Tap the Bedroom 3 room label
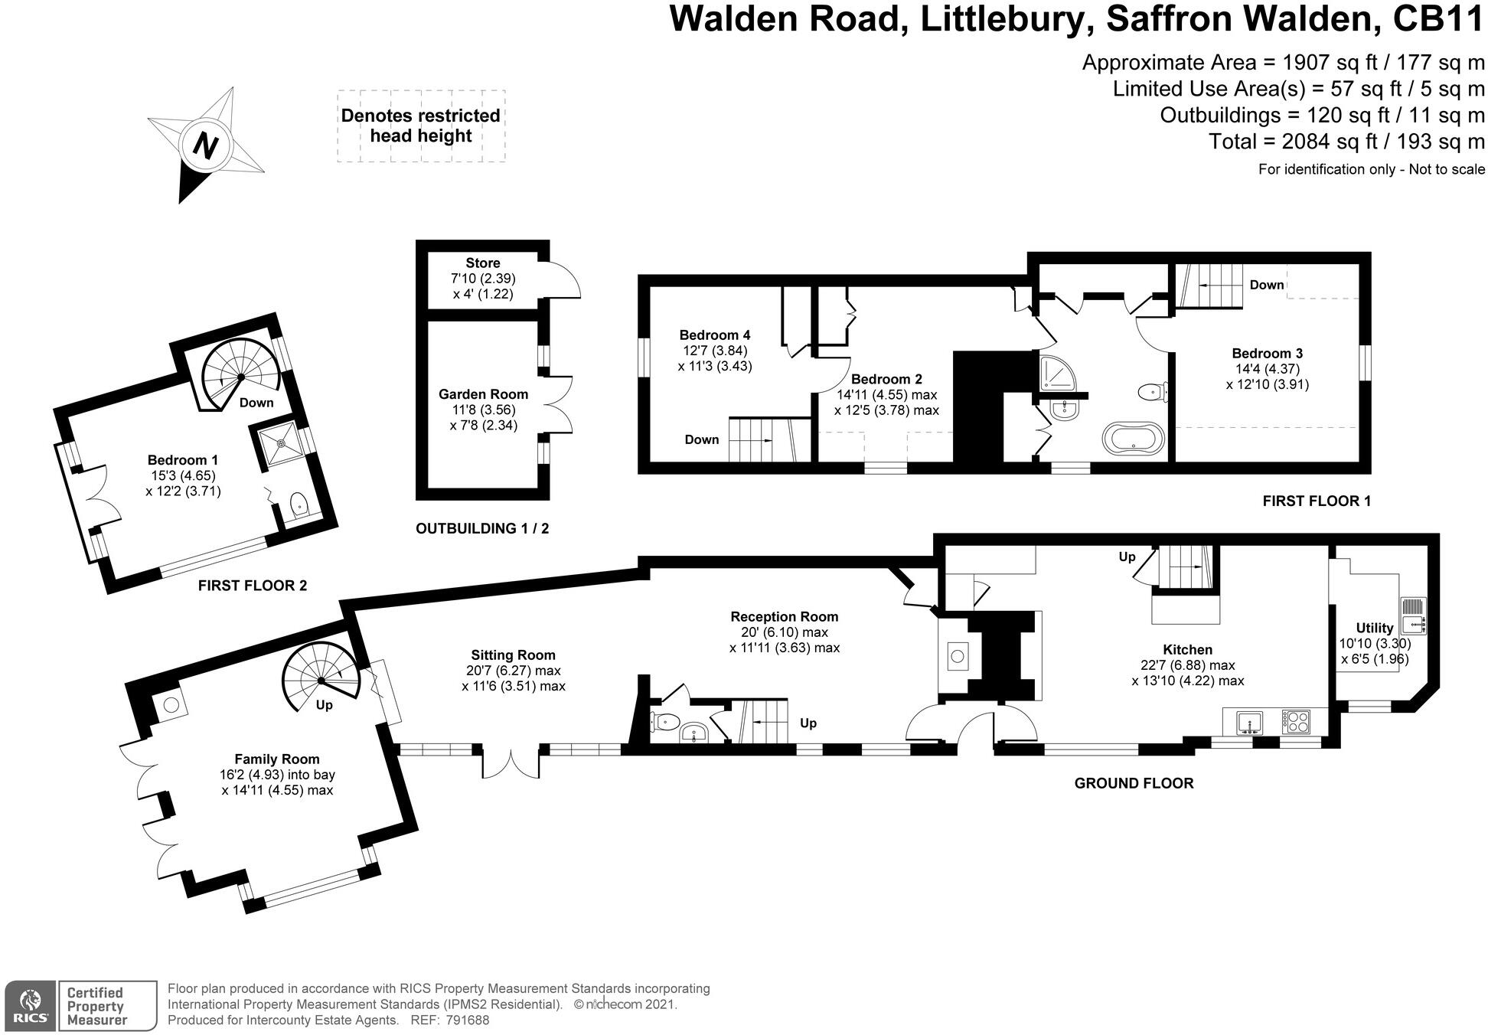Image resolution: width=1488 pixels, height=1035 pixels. pyautogui.click(x=1267, y=353)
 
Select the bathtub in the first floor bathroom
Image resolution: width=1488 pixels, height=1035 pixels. pyautogui.click(x=1133, y=439)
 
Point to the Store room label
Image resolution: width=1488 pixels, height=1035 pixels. pyautogui.click(x=482, y=263)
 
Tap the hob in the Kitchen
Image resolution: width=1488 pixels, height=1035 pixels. pyautogui.click(x=1296, y=721)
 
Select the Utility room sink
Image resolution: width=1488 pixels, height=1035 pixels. pyautogui.click(x=1413, y=616)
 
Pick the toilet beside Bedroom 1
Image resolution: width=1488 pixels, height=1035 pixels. pyautogui.click(x=299, y=504)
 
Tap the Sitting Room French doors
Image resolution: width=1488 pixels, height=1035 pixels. pyautogui.click(x=511, y=762)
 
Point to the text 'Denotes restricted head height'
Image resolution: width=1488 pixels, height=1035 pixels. pyautogui.click(x=420, y=126)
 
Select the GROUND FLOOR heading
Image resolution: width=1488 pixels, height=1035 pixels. pyautogui.click(x=1133, y=782)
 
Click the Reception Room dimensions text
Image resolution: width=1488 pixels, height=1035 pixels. pyautogui.click(x=784, y=640)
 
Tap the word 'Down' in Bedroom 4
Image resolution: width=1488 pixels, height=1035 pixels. pyautogui.click(x=701, y=439)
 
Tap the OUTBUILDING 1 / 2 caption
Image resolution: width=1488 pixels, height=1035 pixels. pyautogui.click(x=481, y=528)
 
